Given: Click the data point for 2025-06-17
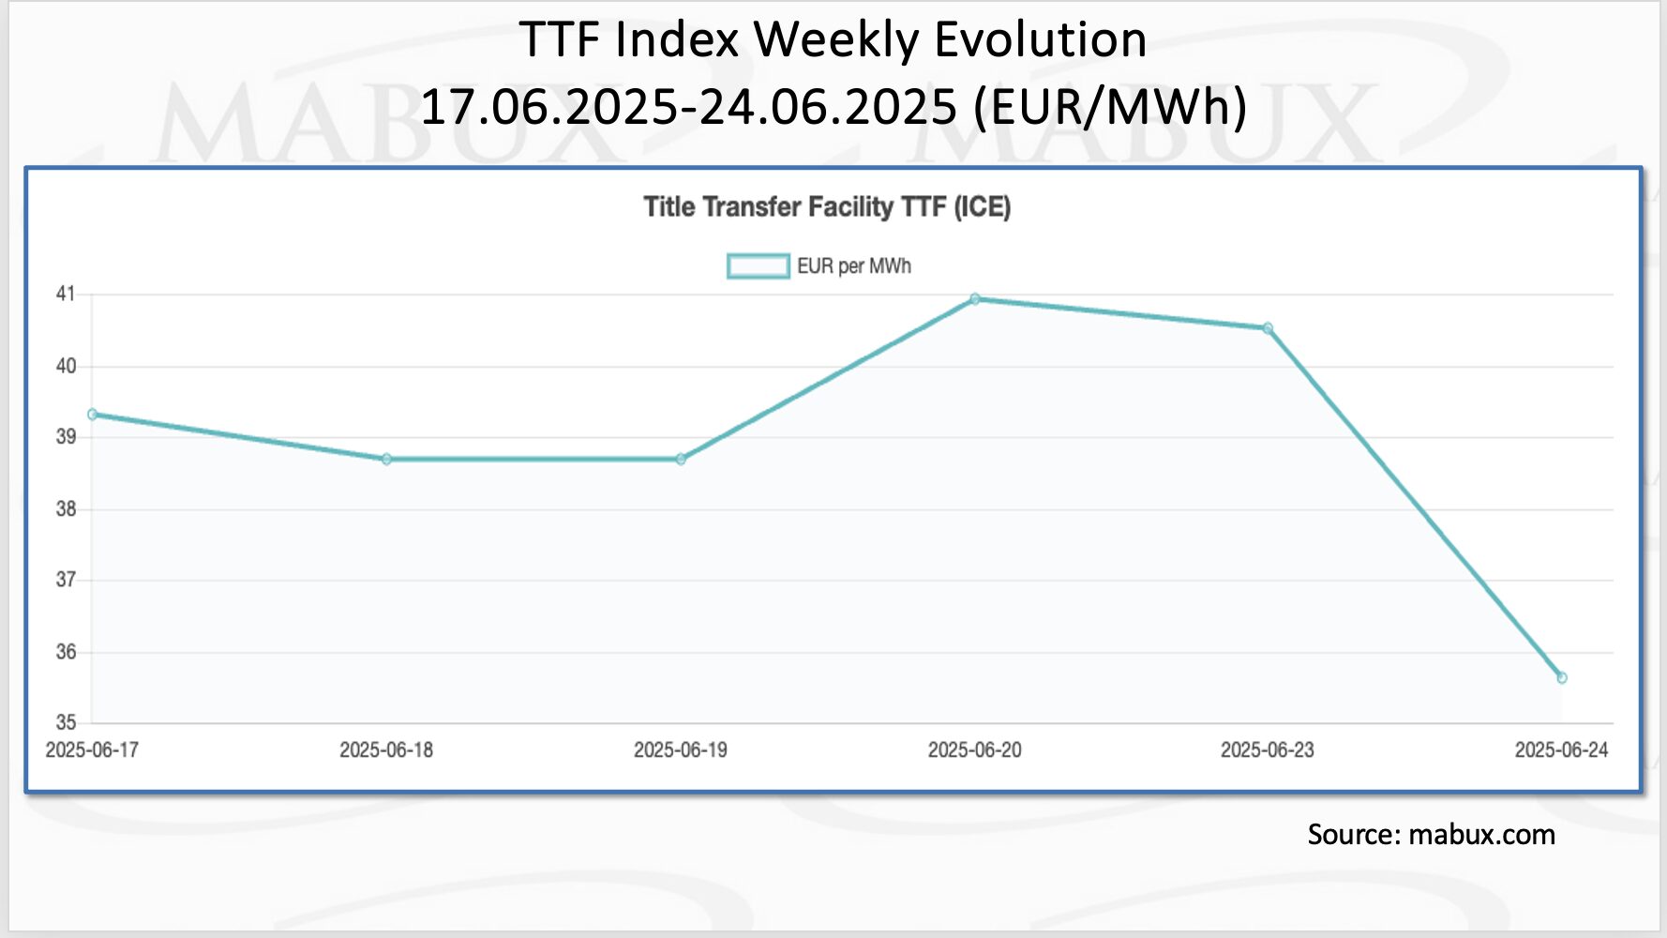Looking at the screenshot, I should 92,415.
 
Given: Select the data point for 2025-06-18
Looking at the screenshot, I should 386,459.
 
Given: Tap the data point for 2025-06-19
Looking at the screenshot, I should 681,459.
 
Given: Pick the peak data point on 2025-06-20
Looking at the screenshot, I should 975,299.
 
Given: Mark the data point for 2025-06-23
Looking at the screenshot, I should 1268,328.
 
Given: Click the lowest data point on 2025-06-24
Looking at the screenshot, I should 1562,678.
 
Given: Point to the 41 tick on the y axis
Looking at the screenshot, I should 66,294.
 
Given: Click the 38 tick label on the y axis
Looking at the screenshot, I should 66,509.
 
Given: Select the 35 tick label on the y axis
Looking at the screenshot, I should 66,722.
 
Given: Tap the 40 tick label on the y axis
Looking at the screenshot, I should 66,366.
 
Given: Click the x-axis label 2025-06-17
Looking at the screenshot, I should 92,750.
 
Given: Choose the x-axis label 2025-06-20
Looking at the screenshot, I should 975,750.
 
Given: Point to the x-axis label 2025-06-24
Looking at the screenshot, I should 1561,750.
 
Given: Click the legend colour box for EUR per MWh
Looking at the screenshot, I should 758,266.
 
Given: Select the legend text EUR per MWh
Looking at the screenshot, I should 854,266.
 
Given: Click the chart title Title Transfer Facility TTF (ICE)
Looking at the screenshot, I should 827,207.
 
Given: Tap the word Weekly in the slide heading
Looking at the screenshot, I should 836,41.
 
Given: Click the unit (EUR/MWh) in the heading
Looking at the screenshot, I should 1110,105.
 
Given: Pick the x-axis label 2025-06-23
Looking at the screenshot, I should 1268,750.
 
